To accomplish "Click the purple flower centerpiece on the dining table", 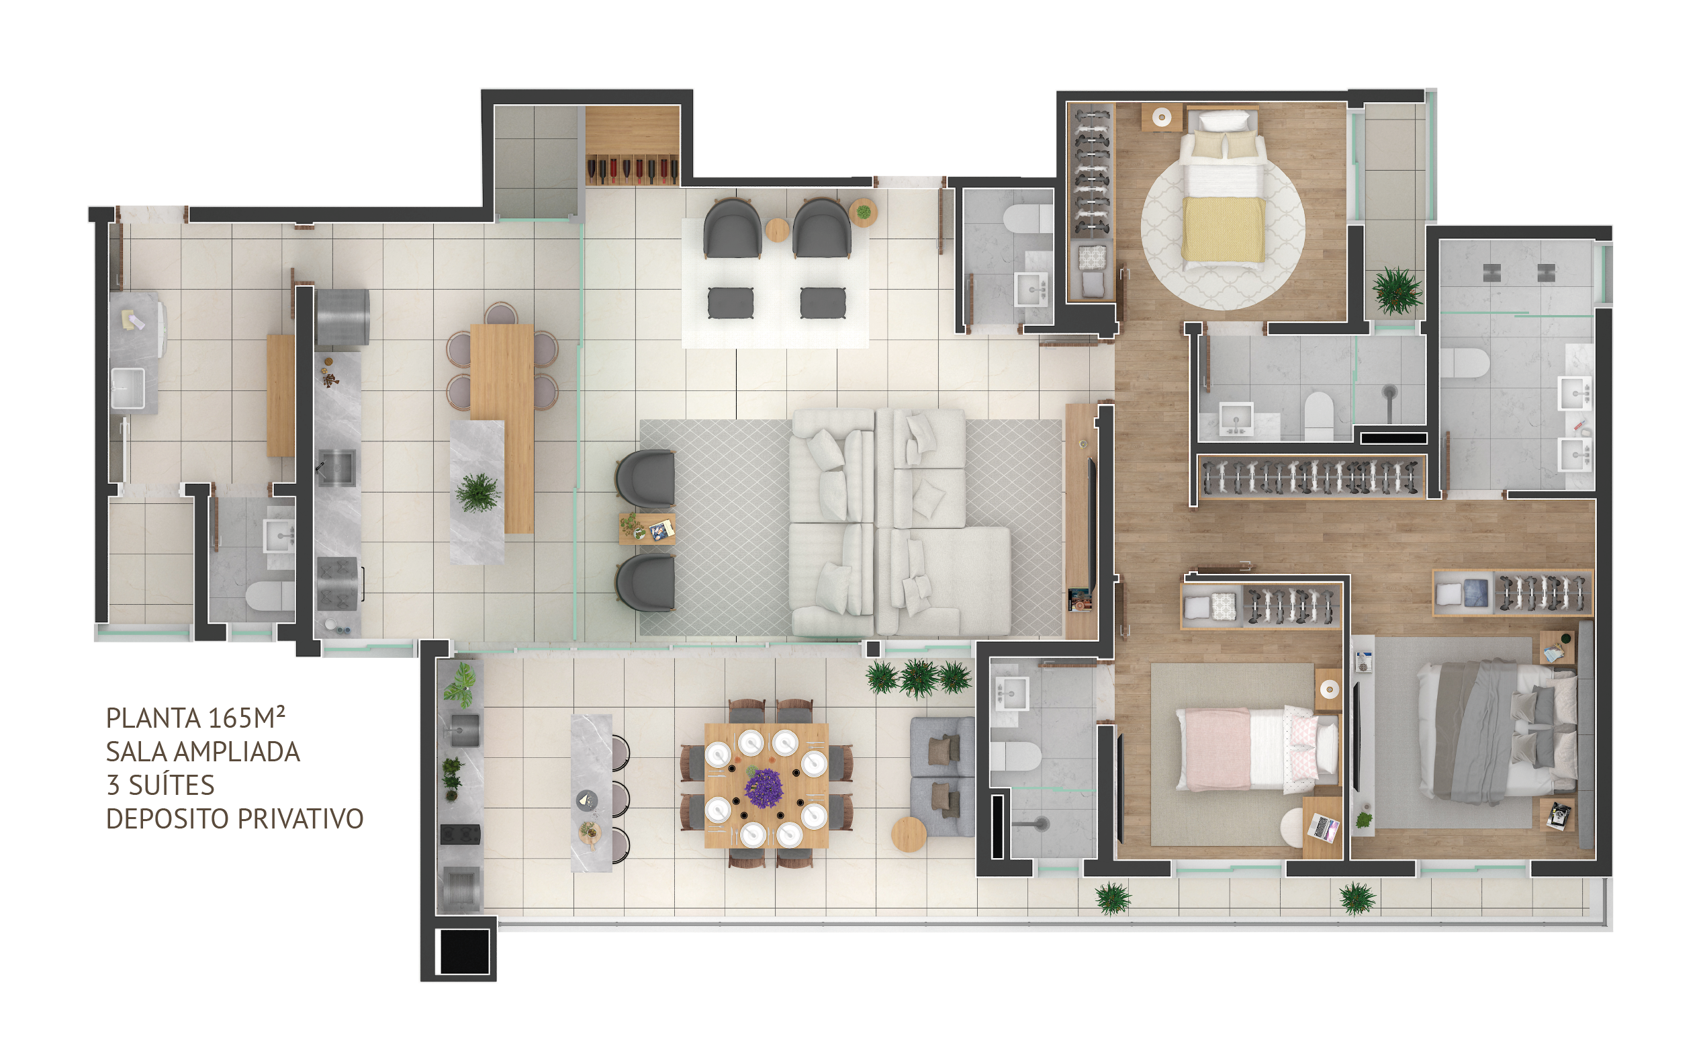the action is coord(764,788).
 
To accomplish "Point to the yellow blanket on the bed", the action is coord(1224,229).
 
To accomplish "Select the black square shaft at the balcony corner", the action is coord(465,951).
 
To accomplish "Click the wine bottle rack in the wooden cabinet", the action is coord(632,169).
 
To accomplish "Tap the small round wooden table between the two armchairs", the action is coord(776,230).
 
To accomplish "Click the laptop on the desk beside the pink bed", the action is coord(1323,827).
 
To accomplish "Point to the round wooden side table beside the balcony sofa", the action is coord(909,835).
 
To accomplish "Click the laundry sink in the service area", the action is coord(128,388).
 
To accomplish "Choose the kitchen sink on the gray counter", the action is coord(336,468).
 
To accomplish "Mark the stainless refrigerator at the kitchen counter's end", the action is coord(342,318).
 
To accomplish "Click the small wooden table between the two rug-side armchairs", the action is coord(647,529).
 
